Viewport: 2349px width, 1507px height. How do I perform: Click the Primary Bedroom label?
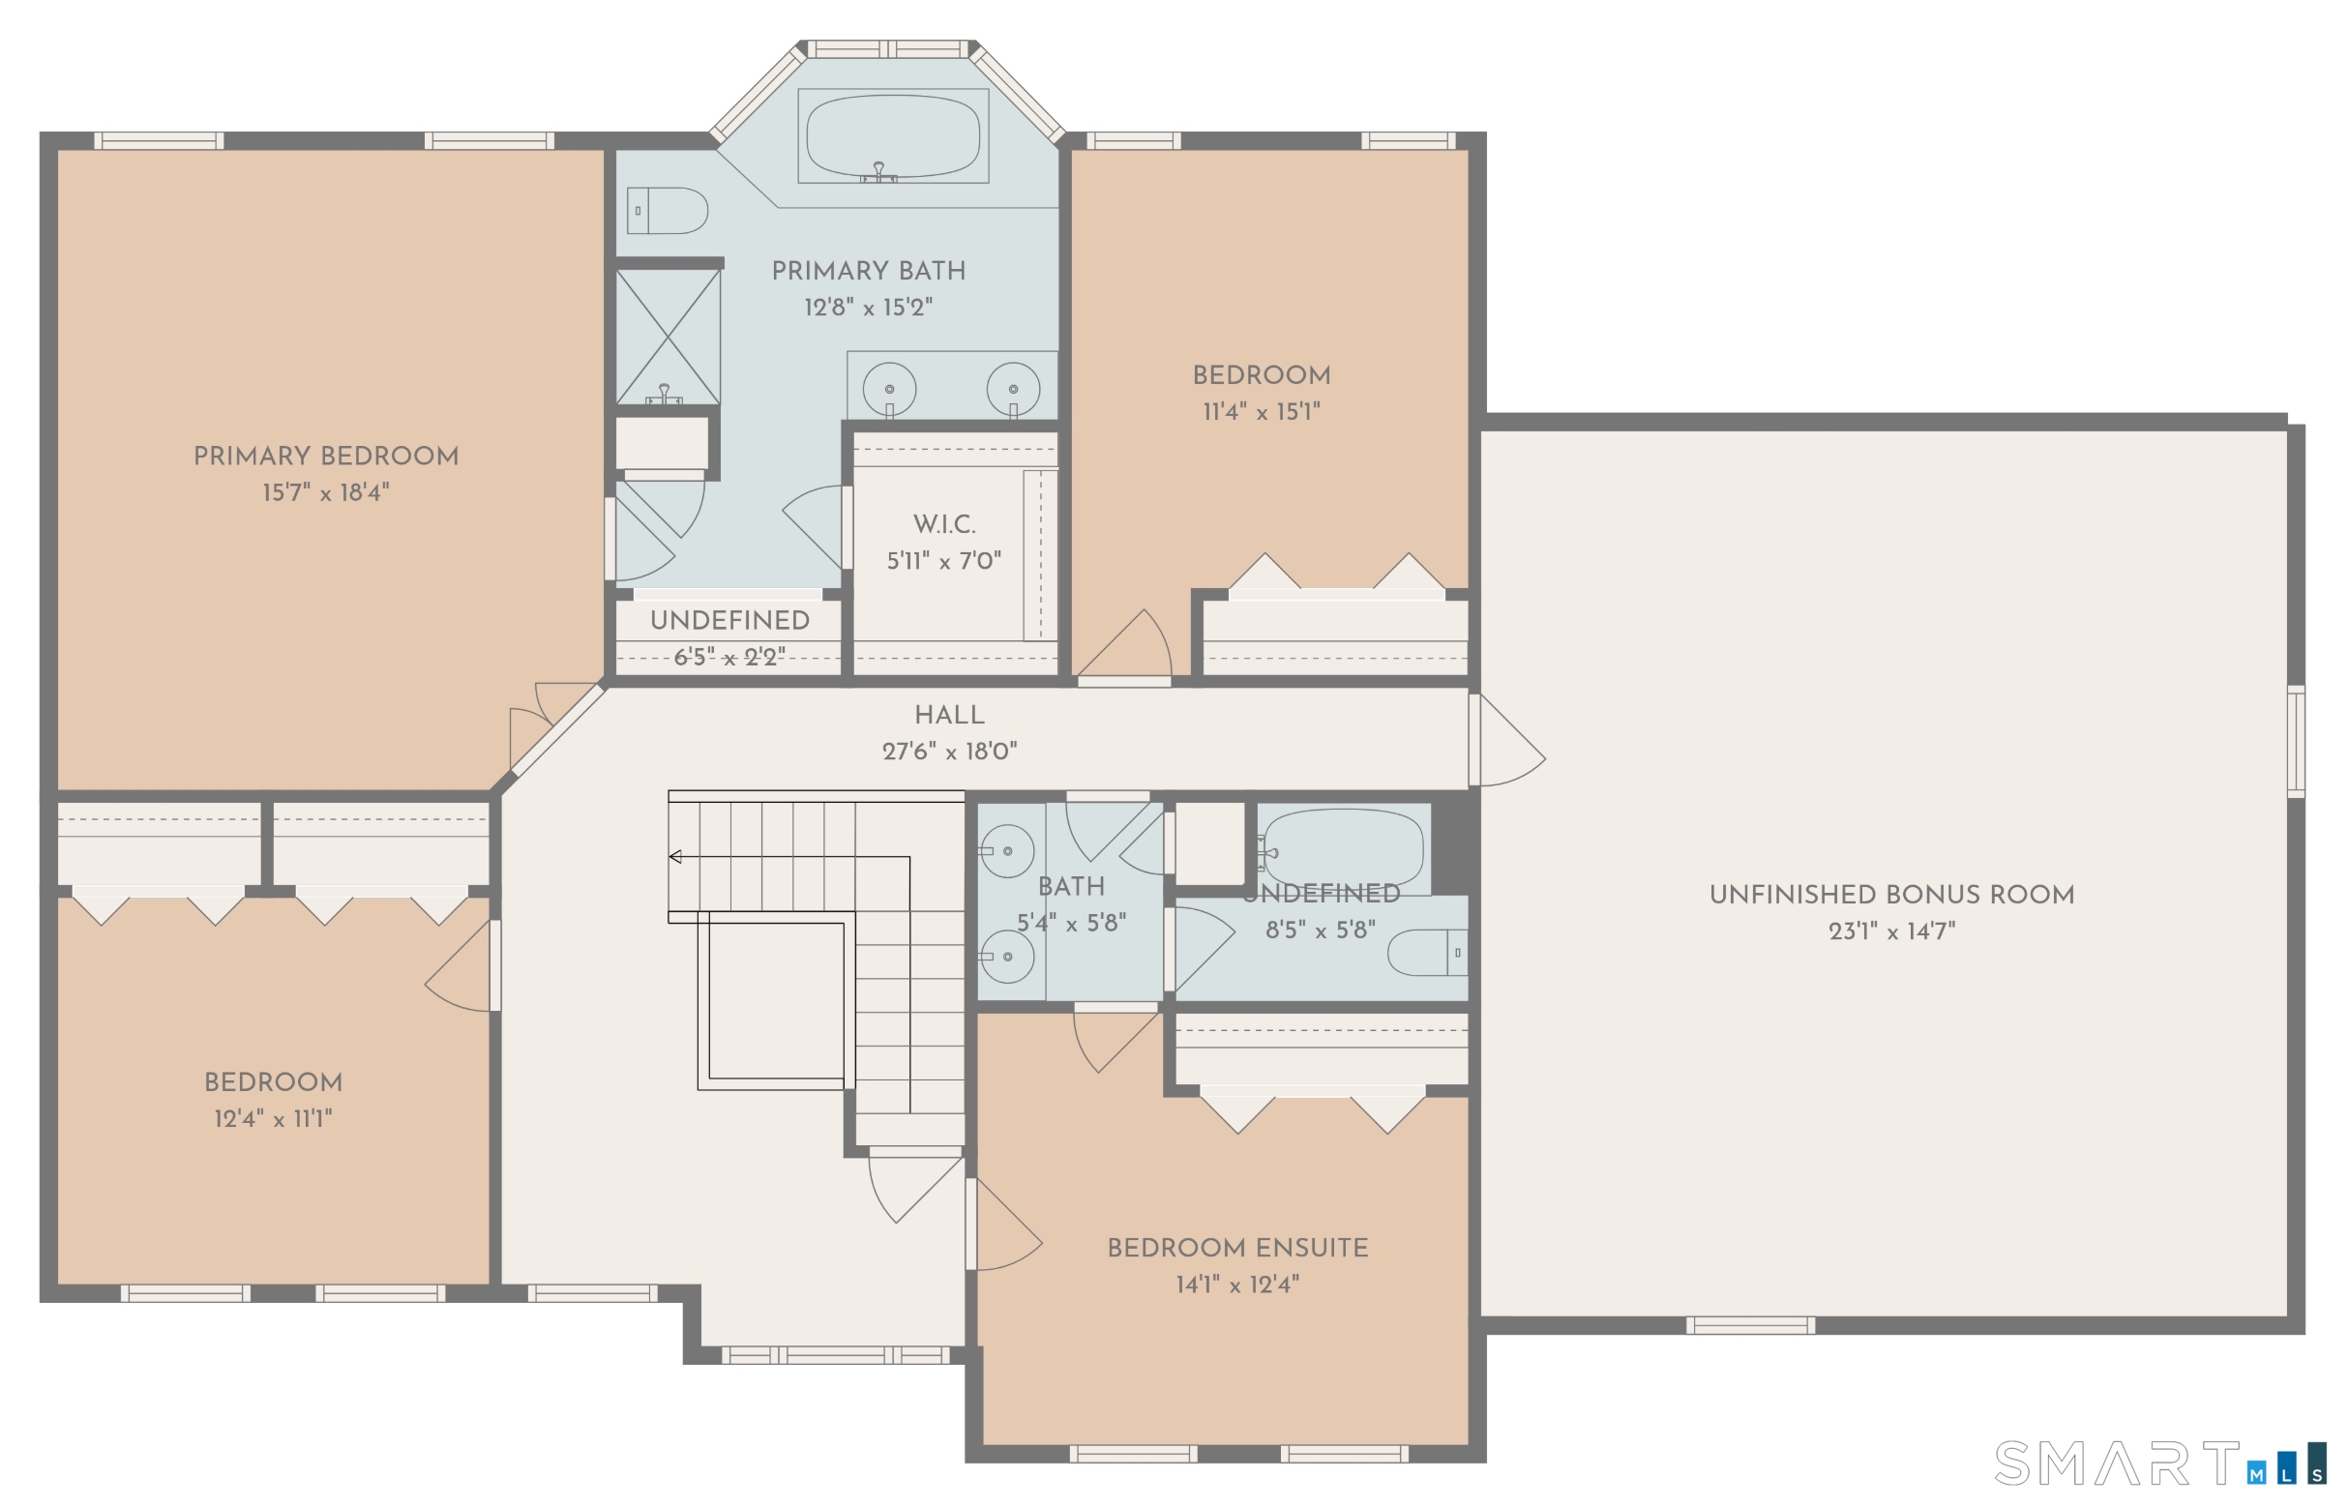(x=326, y=456)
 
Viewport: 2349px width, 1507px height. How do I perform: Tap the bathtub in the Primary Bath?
(x=893, y=136)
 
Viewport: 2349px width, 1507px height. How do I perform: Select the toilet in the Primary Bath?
(x=668, y=211)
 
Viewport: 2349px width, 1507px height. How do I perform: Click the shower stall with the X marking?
(x=668, y=337)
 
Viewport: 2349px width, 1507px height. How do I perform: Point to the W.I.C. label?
(x=944, y=524)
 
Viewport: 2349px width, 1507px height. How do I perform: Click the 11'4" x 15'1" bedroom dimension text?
(x=1262, y=412)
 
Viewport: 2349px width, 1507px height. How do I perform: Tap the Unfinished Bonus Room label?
(x=1892, y=895)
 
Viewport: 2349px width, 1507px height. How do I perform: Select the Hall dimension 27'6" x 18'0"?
(x=949, y=752)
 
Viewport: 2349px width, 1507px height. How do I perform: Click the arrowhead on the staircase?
(x=675, y=857)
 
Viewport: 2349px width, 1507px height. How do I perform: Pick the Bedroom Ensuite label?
(x=1238, y=1248)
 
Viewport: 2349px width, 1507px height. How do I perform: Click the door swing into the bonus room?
(x=1507, y=740)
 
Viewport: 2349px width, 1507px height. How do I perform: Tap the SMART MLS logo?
(x=2160, y=1463)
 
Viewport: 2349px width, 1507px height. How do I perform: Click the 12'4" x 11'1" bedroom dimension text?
(x=273, y=1118)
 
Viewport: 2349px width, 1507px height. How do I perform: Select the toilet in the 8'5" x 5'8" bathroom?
(x=1428, y=952)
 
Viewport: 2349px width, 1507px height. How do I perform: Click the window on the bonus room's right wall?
(x=2296, y=742)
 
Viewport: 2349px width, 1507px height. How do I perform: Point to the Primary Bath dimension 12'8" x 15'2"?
(x=868, y=308)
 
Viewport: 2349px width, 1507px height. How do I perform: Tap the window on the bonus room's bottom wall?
(x=1750, y=1326)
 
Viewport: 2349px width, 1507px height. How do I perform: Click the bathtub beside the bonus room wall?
(x=1343, y=848)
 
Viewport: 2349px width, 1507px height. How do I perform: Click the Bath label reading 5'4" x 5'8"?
(x=1072, y=905)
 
